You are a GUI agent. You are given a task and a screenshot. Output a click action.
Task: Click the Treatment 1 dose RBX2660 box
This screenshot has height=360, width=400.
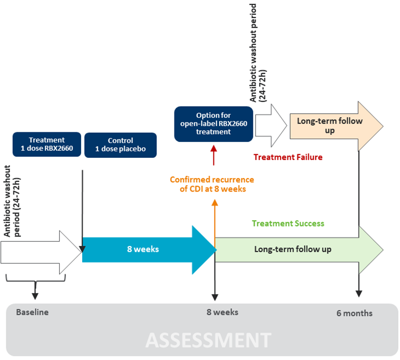pyautogui.click(x=47, y=145)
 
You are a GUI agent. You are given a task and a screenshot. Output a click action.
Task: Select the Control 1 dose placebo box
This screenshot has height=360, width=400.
pyautogui.click(x=121, y=145)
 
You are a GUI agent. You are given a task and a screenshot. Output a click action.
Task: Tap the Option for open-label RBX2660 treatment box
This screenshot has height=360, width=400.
pyautogui.click(x=213, y=124)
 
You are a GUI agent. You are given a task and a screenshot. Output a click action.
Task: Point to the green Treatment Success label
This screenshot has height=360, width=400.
pyautogui.click(x=287, y=223)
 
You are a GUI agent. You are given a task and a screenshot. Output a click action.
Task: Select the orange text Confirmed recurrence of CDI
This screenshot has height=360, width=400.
pyautogui.click(x=212, y=184)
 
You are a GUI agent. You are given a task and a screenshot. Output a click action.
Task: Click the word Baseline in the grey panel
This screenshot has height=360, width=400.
pyautogui.click(x=32, y=312)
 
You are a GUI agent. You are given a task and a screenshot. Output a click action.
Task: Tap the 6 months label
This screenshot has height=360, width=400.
pyautogui.click(x=354, y=313)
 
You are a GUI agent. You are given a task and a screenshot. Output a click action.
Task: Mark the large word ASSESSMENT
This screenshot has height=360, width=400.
pyautogui.click(x=208, y=340)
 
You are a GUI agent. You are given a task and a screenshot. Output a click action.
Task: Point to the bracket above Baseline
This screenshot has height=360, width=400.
pyautogui.click(x=35, y=281)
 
